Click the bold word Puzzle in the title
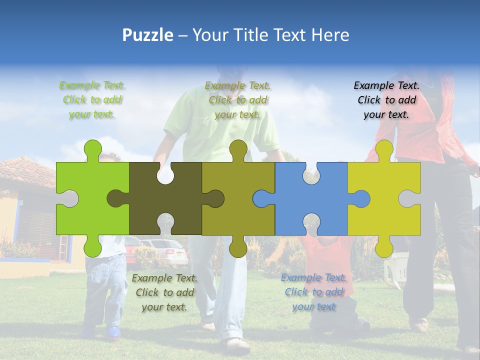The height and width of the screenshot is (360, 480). pyautogui.click(x=148, y=35)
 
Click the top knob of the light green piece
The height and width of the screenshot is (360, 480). pyautogui.click(x=92, y=149)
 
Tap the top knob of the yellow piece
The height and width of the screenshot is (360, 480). pyautogui.click(x=384, y=149)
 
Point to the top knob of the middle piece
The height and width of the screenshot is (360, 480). pyautogui.click(x=238, y=149)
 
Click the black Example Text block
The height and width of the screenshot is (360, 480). pyautogui.click(x=386, y=100)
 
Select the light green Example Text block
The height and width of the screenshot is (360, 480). pyautogui.click(x=92, y=100)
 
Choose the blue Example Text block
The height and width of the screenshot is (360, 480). pyautogui.click(x=313, y=292)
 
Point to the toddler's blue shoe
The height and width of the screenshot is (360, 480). pyautogui.click(x=113, y=332)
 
